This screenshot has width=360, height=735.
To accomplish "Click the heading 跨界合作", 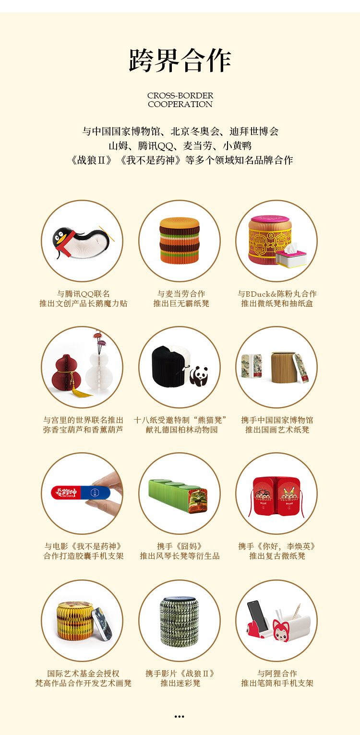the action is tap(180, 60).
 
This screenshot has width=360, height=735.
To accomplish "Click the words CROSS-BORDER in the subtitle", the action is tap(180, 96).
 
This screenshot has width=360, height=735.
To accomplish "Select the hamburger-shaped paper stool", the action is tap(180, 240).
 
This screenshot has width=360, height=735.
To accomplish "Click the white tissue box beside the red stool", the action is tap(291, 254).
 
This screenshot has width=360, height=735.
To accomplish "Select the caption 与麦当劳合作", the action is tap(181, 293).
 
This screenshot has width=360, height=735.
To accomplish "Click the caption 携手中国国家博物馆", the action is tap(277, 420).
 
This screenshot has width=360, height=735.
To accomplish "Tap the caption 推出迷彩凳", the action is tap(180, 683).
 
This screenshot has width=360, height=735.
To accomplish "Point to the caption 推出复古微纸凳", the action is tap(277, 556).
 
